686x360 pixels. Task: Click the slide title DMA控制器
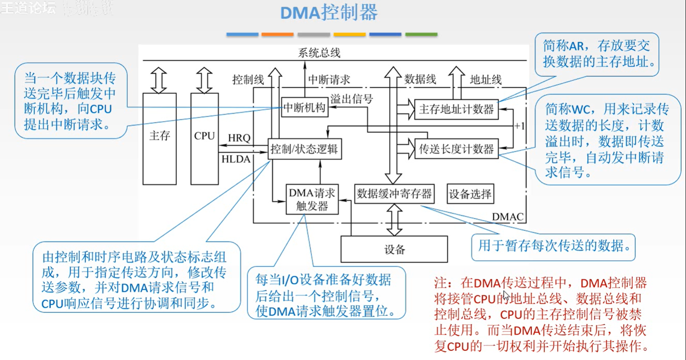click(329, 13)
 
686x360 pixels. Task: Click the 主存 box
click(159, 138)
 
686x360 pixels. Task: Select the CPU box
click(204, 138)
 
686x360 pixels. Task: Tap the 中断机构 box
click(304, 108)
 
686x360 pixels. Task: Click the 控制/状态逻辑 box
click(304, 149)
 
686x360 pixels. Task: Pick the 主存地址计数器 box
click(456, 109)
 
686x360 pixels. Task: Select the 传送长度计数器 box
click(456, 149)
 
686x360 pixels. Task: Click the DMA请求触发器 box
click(312, 200)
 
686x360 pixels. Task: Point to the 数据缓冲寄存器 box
click(394, 194)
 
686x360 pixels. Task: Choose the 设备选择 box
click(470, 194)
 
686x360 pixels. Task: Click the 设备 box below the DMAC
click(394, 250)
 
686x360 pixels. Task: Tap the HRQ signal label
click(239, 138)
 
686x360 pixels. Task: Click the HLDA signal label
click(236, 159)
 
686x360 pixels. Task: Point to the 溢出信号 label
click(351, 99)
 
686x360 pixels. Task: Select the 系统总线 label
click(319, 53)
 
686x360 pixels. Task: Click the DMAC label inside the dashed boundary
click(507, 217)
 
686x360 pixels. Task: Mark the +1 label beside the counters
click(519, 126)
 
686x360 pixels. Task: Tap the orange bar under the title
click(277, 34)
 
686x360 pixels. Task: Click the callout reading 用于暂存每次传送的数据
click(553, 246)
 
